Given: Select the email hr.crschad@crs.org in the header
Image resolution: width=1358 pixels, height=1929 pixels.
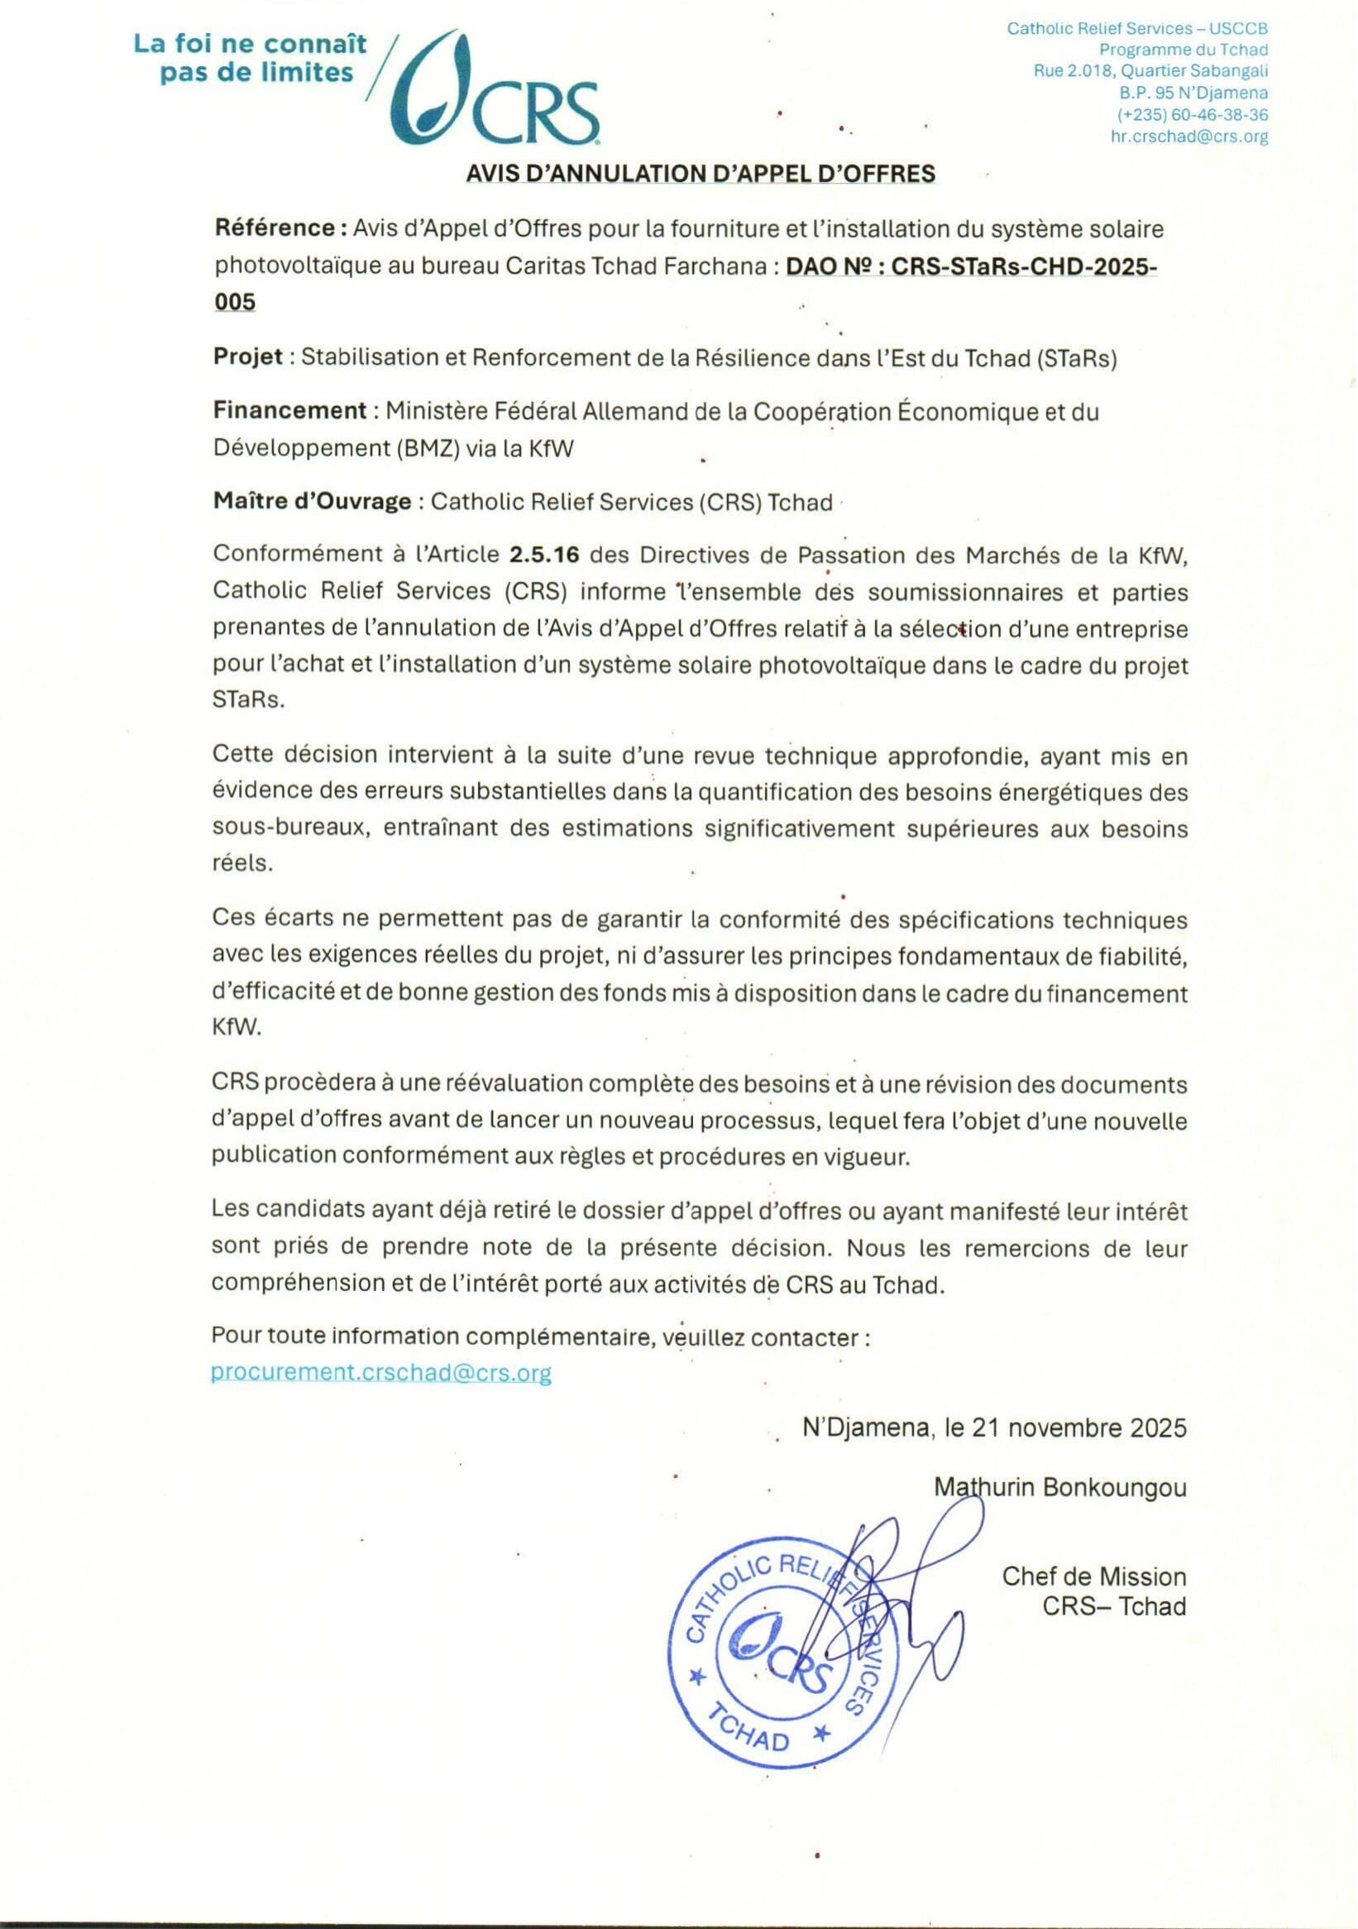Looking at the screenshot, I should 1188,137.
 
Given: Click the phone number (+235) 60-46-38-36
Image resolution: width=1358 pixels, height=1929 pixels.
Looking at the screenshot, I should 1192,115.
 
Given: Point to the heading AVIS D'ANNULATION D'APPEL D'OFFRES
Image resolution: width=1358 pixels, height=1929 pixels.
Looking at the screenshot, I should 701,173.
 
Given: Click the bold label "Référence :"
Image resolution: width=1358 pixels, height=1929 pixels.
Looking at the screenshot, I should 280,228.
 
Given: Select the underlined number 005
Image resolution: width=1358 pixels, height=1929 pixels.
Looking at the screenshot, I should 234,301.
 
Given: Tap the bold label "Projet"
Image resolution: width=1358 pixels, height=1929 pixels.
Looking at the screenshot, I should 248,357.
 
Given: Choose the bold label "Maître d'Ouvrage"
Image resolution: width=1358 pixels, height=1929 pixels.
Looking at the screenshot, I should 312,502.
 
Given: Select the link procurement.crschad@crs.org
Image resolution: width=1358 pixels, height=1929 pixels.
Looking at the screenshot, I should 381,1373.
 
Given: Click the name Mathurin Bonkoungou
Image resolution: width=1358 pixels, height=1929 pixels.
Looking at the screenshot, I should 1060,1487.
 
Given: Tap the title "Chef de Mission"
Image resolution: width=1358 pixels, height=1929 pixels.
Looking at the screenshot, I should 1093,1576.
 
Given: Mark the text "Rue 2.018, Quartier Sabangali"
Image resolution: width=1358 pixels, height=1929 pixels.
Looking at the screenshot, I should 1150,71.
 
